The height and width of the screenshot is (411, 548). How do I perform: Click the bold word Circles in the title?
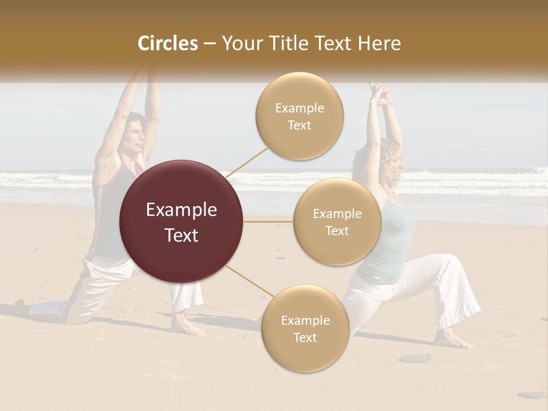(x=168, y=43)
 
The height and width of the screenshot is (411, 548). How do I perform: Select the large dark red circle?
(x=182, y=221)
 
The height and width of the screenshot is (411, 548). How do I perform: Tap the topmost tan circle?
(x=299, y=116)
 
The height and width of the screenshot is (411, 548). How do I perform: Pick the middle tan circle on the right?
(x=337, y=221)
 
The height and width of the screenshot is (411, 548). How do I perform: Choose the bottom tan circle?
(x=305, y=329)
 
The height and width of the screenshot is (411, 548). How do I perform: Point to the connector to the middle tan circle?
(x=268, y=221)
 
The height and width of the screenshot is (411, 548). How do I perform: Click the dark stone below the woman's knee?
(x=414, y=358)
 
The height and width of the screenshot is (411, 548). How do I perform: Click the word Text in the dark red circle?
(x=182, y=235)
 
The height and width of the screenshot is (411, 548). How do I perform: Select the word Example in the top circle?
(x=299, y=108)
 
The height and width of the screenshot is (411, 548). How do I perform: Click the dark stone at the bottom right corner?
(x=531, y=394)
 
